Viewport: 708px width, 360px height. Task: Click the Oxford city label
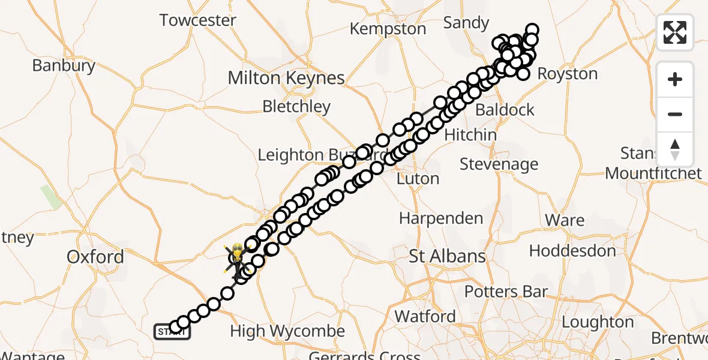click(95, 257)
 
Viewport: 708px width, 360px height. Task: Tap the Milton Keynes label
click(286, 78)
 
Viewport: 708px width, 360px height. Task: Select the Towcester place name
click(198, 20)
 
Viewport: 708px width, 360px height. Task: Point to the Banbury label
click(64, 65)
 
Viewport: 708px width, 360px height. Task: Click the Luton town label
click(418, 179)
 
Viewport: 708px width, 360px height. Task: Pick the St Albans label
click(447, 257)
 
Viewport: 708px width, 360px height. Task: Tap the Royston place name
click(567, 74)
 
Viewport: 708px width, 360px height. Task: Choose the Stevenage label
click(499, 164)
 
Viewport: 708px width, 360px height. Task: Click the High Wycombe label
click(287, 331)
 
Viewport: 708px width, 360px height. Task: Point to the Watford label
click(425, 316)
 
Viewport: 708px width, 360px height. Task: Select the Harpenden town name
click(441, 218)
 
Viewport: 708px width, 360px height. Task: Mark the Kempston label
click(388, 29)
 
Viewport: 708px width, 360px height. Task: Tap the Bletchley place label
click(296, 107)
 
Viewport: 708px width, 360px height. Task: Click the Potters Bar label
click(506, 292)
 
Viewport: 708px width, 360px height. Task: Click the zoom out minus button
click(675, 115)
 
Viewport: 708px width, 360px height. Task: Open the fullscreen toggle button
click(675, 32)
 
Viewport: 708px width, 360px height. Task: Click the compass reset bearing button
click(675, 149)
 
